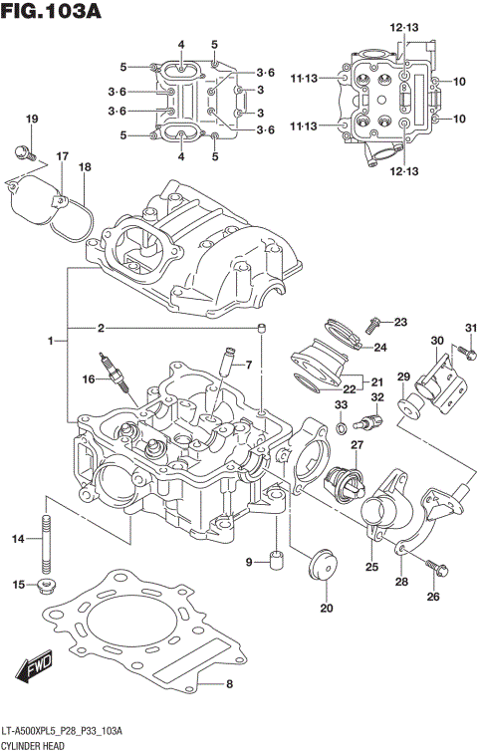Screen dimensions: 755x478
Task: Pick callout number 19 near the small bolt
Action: (31, 120)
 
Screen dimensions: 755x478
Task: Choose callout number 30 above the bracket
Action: (436, 341)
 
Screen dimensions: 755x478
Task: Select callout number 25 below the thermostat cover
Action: (371, 568)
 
